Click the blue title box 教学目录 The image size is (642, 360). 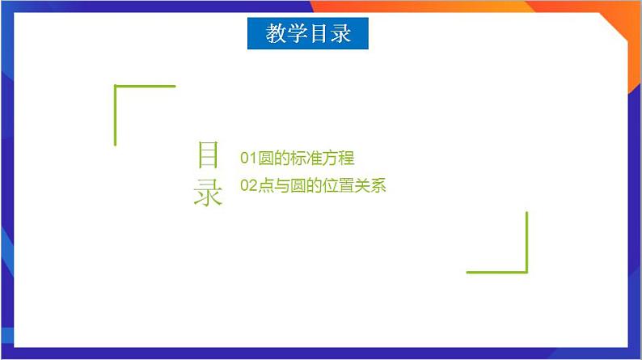coord(307,34)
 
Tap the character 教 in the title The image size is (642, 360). coord(276,34)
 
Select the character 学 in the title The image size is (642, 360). coord(297,34)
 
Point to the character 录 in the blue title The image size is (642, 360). coord(340,34)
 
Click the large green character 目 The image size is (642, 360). coord(208,156)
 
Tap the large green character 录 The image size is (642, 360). coord(208,193)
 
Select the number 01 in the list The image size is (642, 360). coord(248,158)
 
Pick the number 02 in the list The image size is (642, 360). coord(248,186)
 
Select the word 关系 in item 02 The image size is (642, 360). coord(370,186)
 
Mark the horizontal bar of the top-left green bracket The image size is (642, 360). coord(146,86)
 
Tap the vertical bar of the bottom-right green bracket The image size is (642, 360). coord(526,241)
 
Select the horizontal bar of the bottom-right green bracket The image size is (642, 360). coord(496,272)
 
